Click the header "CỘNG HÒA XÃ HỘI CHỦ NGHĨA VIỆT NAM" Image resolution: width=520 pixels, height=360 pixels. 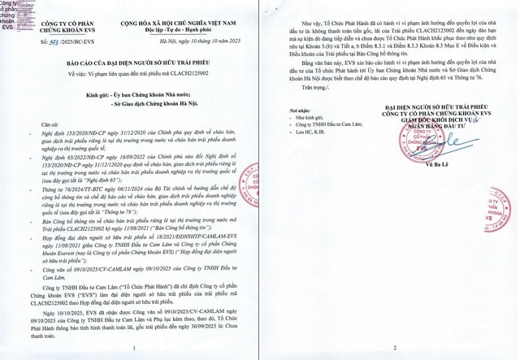click(x=167, y=7)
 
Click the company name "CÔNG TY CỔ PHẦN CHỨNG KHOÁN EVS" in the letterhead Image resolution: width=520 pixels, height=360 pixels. click(x=58, y=11)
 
